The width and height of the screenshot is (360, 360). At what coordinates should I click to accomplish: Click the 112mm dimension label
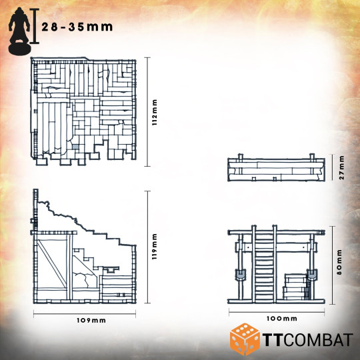155,112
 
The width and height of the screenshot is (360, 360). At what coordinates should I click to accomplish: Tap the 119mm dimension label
155,247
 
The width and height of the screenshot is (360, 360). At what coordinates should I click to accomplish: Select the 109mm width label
91,320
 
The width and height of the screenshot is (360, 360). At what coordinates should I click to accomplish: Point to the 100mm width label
282,319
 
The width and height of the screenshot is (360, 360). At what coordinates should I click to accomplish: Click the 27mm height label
341,167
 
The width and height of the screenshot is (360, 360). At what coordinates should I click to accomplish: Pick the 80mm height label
339,262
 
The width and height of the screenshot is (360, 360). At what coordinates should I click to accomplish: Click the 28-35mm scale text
77,27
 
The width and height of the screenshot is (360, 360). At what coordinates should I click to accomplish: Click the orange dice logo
245,340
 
